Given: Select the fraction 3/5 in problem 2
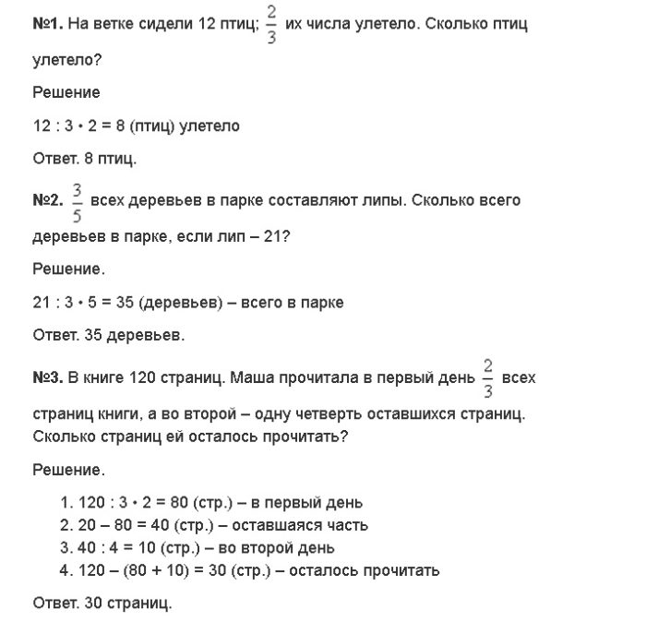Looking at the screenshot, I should tap(78, 199).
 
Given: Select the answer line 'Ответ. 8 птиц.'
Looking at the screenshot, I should tap(84, 160).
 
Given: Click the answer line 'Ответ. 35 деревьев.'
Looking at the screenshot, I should tap(108, 336).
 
